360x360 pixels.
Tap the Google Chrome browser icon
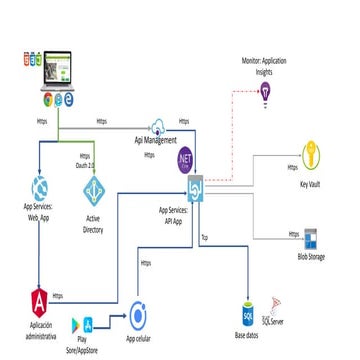tap(47, 100)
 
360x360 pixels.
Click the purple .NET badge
tap(183, 157)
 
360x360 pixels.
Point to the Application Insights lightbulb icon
tap(266, 92)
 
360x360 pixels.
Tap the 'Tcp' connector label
tap(204, 239)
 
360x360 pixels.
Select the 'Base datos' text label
tap(246, 335)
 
